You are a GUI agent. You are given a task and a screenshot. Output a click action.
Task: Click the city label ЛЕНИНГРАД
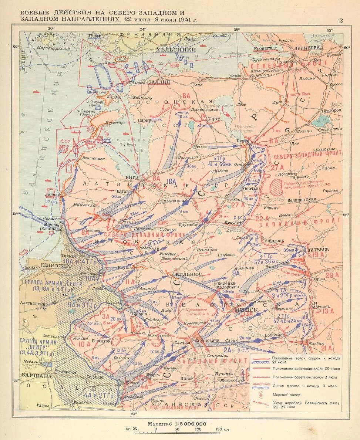(x=309, y=48)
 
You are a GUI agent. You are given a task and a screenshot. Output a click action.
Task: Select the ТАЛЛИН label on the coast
(x=159, y=82)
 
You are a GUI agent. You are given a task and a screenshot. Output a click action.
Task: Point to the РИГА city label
(x=132, y=177)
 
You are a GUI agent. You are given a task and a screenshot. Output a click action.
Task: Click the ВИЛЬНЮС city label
(x=189, y=274)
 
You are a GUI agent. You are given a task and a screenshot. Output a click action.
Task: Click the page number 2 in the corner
(x=341, y=20)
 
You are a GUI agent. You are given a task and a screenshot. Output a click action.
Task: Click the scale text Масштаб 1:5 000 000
(x=177, y=424)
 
